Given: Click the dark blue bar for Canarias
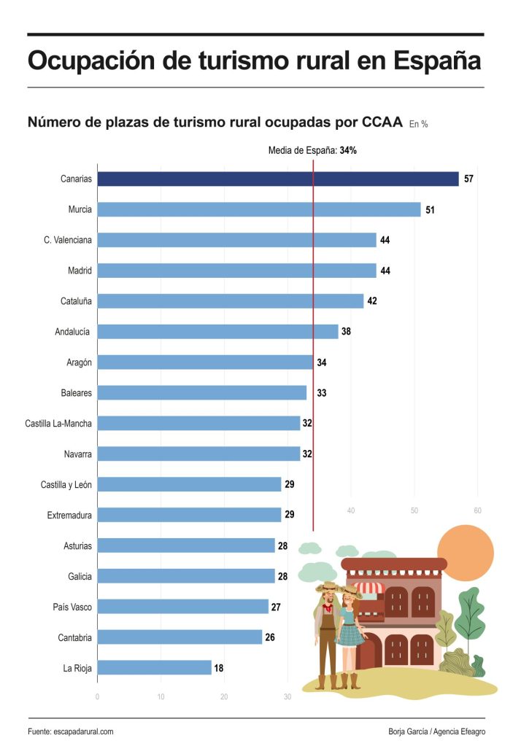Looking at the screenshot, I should tap(277, 179).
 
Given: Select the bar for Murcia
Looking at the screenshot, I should tap(258, 209).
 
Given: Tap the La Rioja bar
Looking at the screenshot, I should tap(154, 667).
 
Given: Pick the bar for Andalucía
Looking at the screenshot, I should tap(217, 332).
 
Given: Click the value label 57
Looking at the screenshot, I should tap(469, 179).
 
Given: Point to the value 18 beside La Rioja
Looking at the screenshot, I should tap(219, 667).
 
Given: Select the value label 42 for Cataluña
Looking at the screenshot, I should tap(372, 301).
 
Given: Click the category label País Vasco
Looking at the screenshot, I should tap(72, 607).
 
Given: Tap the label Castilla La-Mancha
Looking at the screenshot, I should tap(58, 424).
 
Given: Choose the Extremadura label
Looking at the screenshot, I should tap(69, 516).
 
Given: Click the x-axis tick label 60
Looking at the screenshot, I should tap(478, 510).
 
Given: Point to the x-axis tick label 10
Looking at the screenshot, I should tap(161, 696).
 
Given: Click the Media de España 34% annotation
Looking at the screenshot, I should tap(312, 151).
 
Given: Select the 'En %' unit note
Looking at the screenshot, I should tap(418, 125).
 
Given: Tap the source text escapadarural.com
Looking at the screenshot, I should tap(83, 731).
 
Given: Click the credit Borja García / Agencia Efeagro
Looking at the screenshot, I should tap(436, 731).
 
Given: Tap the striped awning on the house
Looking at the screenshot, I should tap(368, 588).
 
